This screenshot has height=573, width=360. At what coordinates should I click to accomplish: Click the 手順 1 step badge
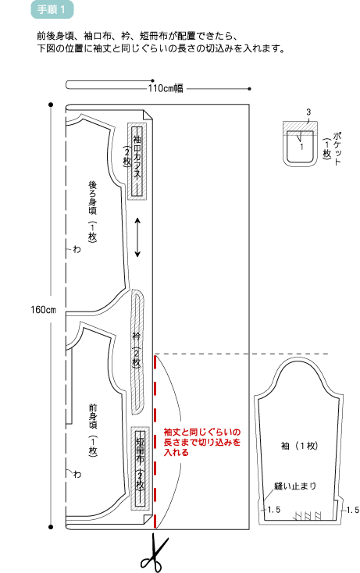coord(52,9)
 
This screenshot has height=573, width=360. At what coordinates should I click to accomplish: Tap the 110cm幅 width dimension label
coord(166,88)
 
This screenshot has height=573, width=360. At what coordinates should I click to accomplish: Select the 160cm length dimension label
coord(43,310)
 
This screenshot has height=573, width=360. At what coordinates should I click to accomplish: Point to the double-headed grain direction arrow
coord(137,237)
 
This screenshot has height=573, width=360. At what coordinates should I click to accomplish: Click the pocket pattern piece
coord(300,144)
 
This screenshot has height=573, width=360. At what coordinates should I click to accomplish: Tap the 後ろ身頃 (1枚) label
coord(92,212)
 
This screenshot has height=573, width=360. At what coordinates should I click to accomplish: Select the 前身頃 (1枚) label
coord(93,430)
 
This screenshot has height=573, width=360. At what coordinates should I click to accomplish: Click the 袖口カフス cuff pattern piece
coord(137,161)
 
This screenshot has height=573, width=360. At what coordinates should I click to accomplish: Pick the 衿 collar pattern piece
coord(137,351)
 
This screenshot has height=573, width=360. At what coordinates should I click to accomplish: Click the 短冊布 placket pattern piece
coord(140,468)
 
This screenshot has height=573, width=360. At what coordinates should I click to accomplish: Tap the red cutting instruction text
coord(202,442)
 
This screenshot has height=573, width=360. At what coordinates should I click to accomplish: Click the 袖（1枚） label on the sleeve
coord(300,446)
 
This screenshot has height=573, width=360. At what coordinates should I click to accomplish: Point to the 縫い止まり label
coord(295,486)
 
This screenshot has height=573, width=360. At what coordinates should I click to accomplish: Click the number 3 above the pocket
coord(308,112)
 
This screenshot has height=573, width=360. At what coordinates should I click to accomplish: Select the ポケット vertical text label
coord(337,149)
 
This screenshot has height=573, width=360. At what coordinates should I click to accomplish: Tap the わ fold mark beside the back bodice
coord(77,250)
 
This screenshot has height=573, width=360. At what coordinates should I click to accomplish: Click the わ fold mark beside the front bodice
coord(77,475)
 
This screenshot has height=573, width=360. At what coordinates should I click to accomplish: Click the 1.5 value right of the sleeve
coord(353,510)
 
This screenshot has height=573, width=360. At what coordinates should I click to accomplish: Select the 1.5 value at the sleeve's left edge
coord(274,510)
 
